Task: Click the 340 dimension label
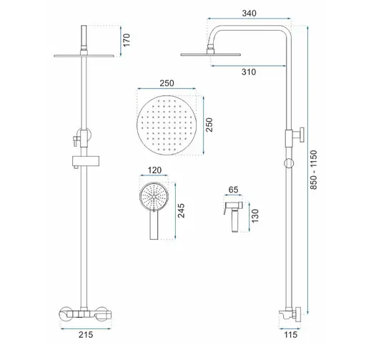(x=249, y=13)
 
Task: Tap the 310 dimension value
(x=249, y=72)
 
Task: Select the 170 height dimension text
(x=127, y=40)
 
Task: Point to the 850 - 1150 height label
(x=314, y=170)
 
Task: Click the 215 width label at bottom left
(x=86, y=334)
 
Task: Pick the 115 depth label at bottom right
(x=291, y=334)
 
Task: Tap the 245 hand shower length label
(x=182, y=210)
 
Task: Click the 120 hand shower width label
(x=154, y=170)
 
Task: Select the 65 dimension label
(x=233, y=190)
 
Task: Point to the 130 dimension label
(x=255, y=216)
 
